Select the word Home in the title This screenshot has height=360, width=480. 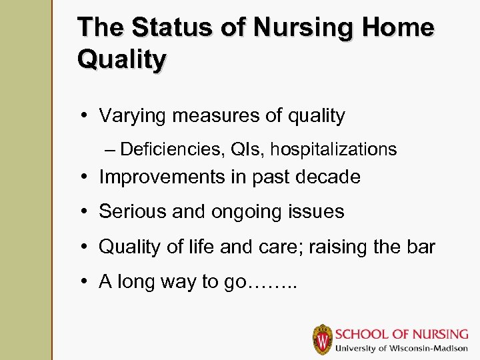click(399, 28)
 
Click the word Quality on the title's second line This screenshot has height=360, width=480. click(122, 59)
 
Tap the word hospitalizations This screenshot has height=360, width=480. click(333, 149)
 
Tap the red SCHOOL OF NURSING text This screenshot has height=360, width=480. click(403, 333)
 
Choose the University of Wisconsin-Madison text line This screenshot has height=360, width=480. click(402, 349)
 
